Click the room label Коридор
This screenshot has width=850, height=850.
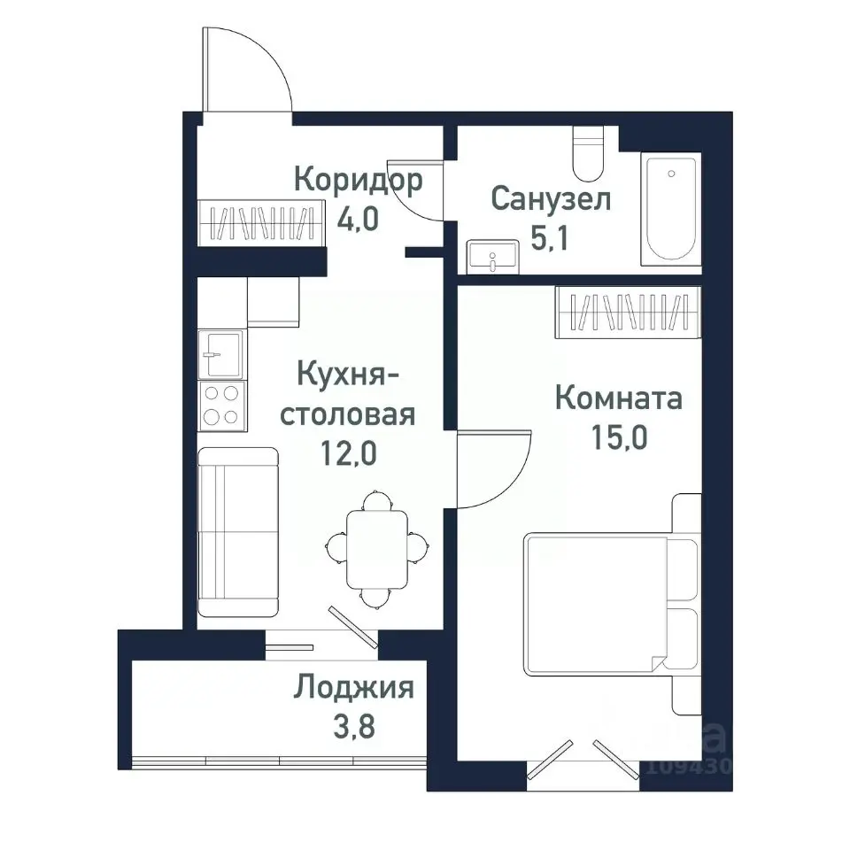tap(358, 181)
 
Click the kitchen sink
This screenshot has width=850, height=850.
tap(221, 353)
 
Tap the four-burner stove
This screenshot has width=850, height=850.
tap(221, 405)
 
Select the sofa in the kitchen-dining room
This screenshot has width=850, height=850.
tap(237, 531)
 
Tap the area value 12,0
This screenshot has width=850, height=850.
tap(348, 453)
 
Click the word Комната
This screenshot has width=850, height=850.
tap(618, 398)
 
